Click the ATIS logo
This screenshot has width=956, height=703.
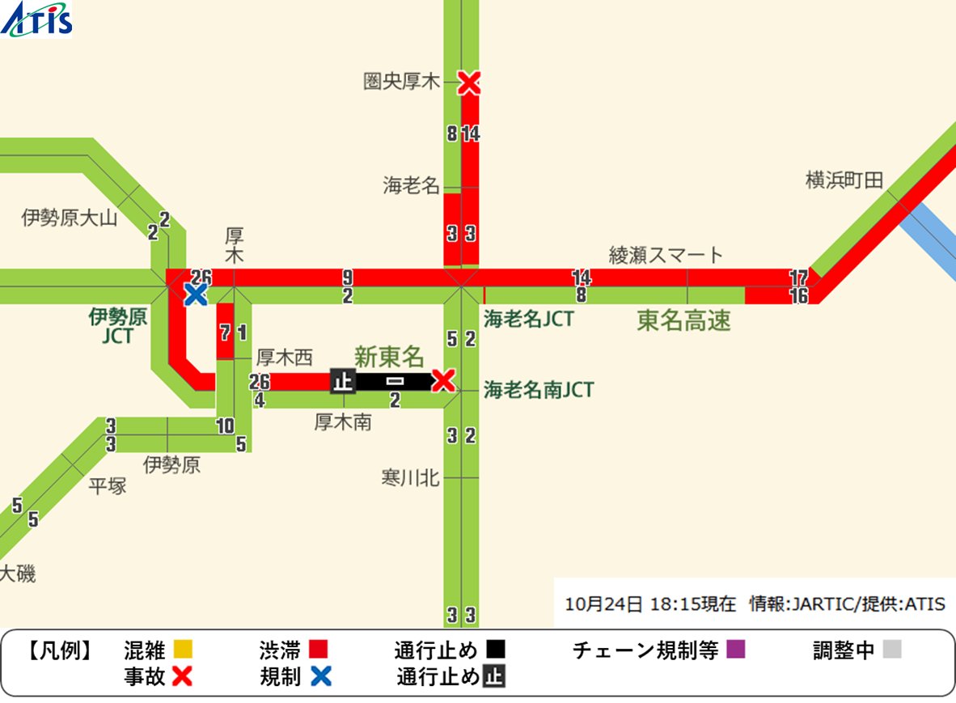pos(37,19)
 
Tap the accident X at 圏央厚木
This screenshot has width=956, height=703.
pos(469,82)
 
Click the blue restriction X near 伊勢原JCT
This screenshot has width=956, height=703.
pos(195,294)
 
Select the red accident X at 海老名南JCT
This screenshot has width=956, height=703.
pos(442,380)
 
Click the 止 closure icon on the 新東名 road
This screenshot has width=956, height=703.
pos(343,381)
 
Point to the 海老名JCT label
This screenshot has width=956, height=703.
pos(528,319)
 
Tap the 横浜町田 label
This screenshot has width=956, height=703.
pos(844,180)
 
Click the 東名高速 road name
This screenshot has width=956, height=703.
pos(683,321)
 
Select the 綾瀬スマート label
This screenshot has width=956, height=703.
pos(666,256)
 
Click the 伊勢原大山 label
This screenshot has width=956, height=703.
pos(70,218)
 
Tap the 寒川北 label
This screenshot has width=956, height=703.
pos(410,478)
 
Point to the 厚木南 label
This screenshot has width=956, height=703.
pos(343,421)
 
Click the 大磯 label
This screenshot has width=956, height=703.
pos(18,574)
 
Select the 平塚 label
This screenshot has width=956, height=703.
pos(108,486)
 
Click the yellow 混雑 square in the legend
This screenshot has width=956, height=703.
pos(183,650)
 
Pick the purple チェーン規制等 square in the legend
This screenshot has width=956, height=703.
pos(734,650)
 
